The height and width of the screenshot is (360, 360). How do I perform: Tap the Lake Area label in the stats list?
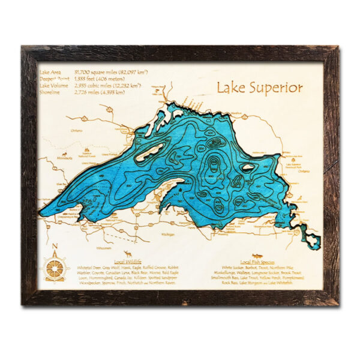click(53, 71)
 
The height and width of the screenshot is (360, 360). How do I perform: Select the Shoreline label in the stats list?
click(52, 93)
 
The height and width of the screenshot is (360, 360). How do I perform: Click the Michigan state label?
click(187, 223)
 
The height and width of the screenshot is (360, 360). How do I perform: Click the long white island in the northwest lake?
click(151, 152)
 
